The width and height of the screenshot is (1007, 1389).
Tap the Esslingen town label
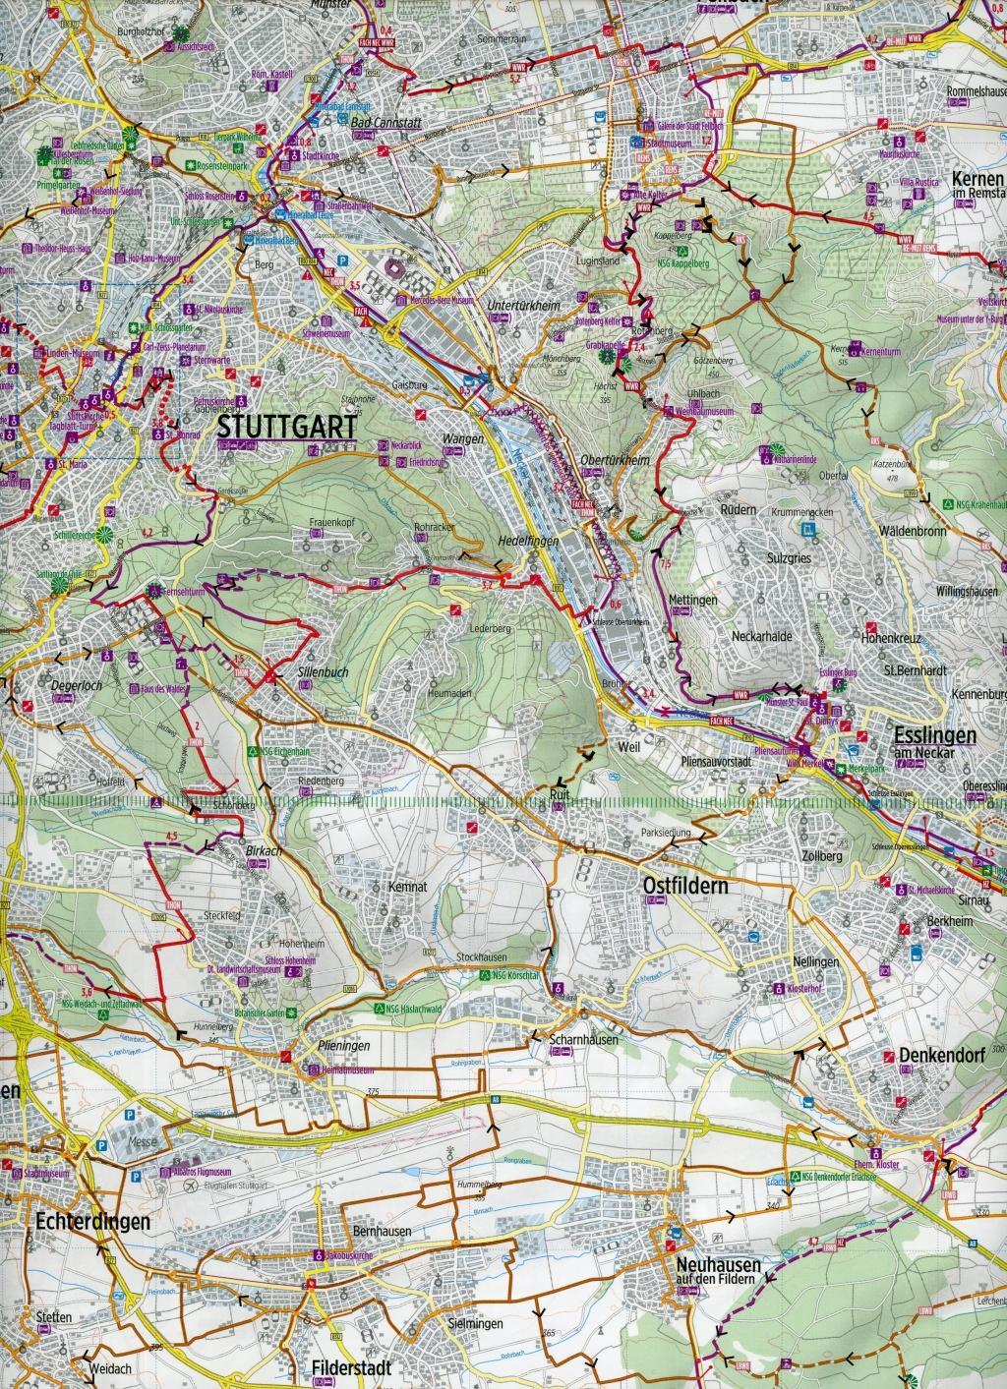(x=934, y=734)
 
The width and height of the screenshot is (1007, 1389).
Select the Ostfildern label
(x=685, y=886)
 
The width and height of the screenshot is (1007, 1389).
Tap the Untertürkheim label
(x=523, y=307)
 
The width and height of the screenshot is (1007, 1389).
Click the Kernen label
(x=977, y=180)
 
